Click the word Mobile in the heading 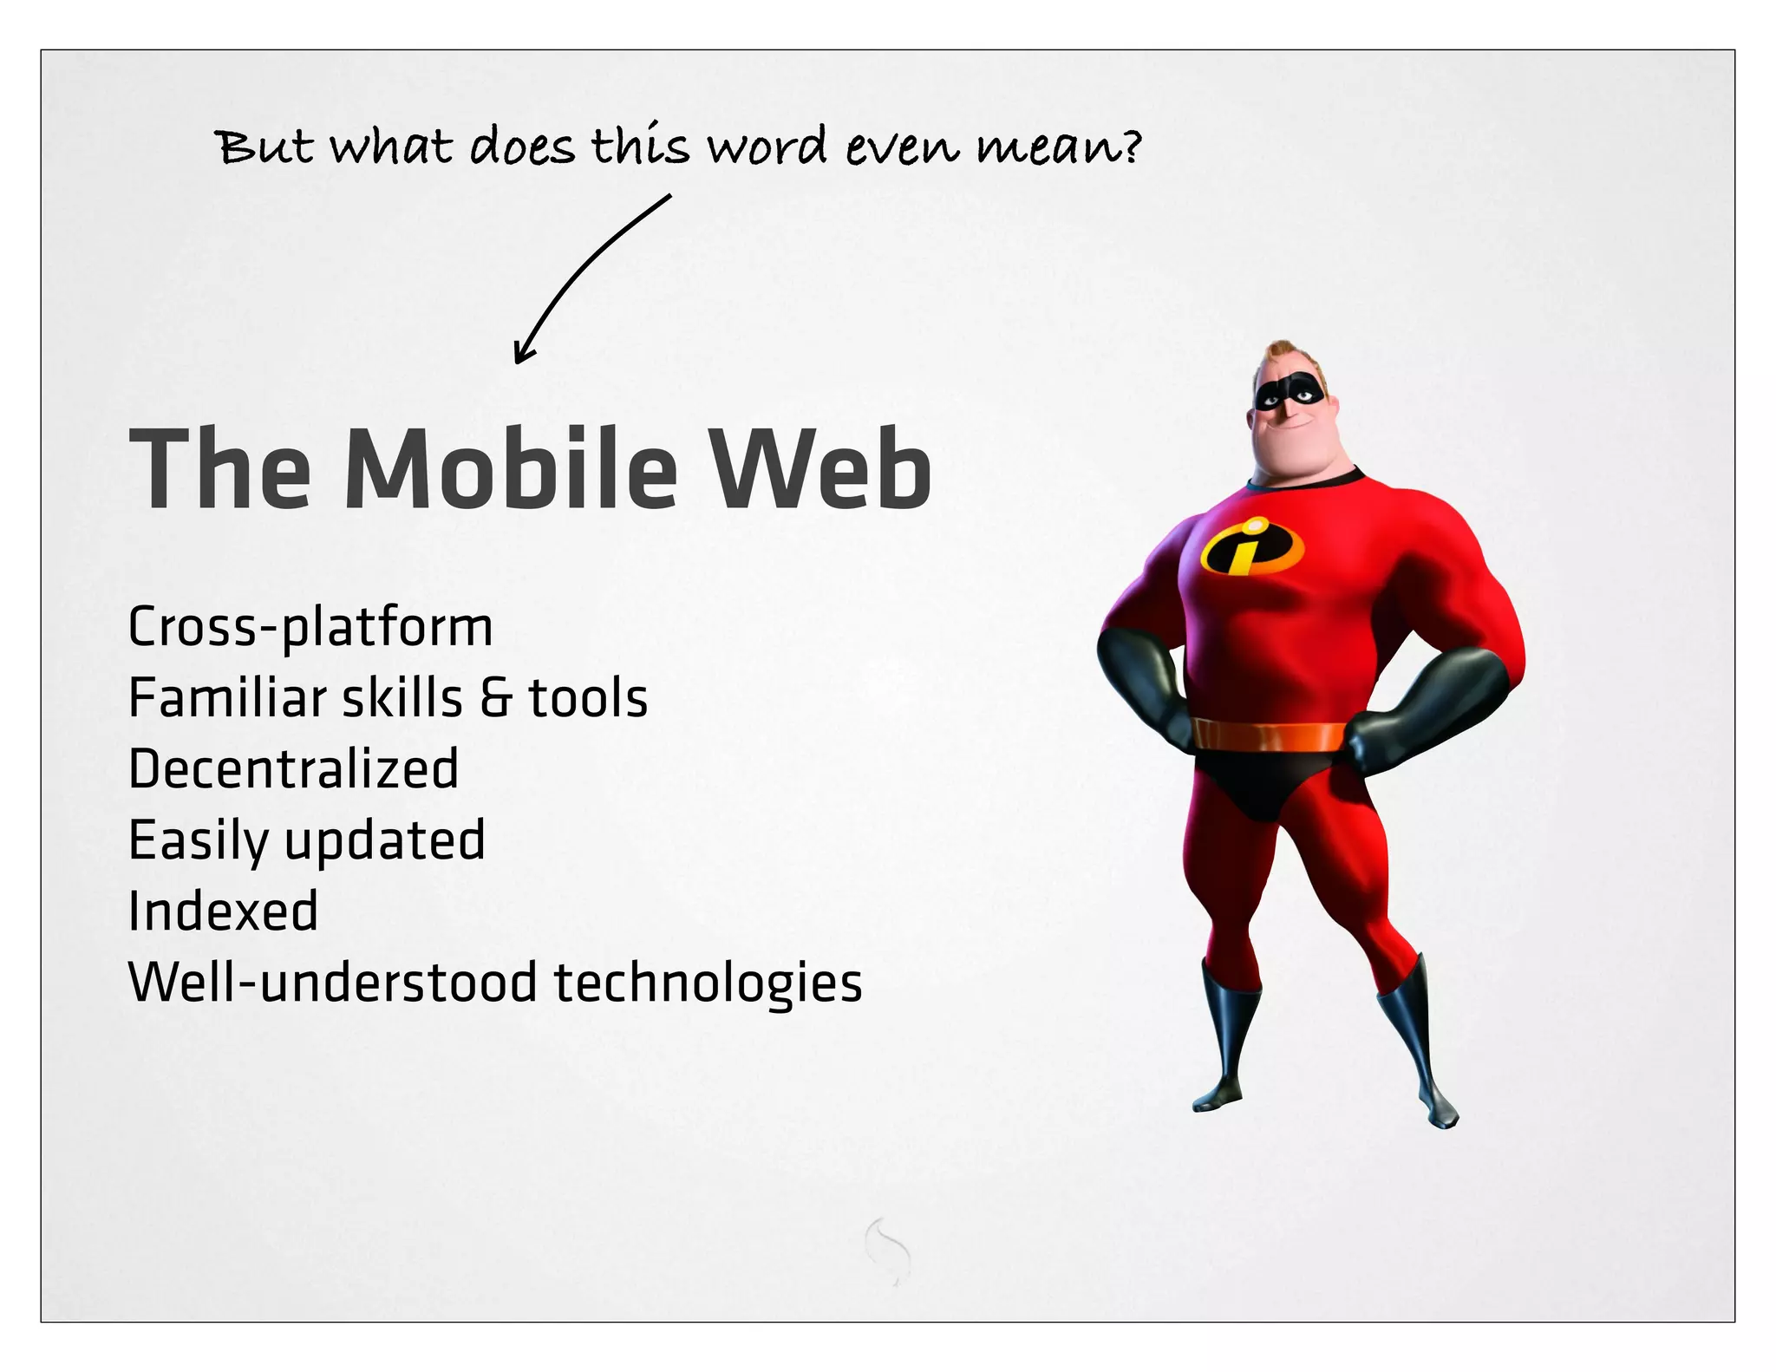point(511,468)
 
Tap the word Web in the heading point(820,468)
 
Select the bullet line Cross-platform point(310,627)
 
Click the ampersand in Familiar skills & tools point(496,698)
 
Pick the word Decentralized point(293,769)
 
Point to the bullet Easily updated point(306,840)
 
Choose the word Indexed point(223,911)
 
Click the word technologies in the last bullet point(708,983)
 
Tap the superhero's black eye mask point(1290,395)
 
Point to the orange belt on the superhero point(1268,735)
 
